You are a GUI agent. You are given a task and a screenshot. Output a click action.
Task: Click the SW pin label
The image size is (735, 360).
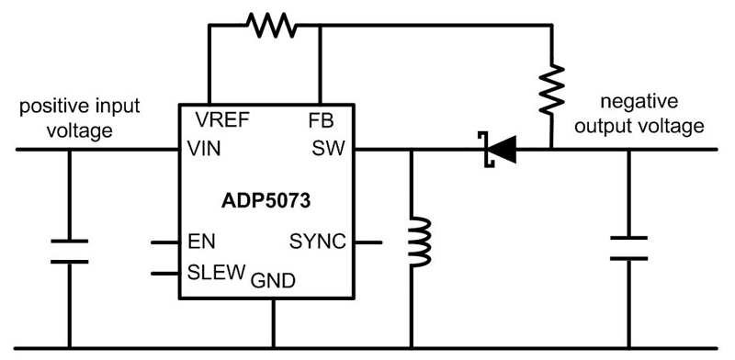click(x=325, y=148)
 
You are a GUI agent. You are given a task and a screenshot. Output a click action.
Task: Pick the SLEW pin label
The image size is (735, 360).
click(x=215, y=273)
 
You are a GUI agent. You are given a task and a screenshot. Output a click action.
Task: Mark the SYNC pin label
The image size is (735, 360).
click(x=318, y=242)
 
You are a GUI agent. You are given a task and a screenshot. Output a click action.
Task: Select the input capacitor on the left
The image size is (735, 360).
click(x=69, y=250)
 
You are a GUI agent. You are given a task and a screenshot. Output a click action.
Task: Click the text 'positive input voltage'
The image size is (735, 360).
click(x=69, y=119)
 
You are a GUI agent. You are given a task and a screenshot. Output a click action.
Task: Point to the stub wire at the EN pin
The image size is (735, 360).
click(x=165, y=243)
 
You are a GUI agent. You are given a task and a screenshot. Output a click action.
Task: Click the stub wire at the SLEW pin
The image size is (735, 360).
click(x=165, y=273)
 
